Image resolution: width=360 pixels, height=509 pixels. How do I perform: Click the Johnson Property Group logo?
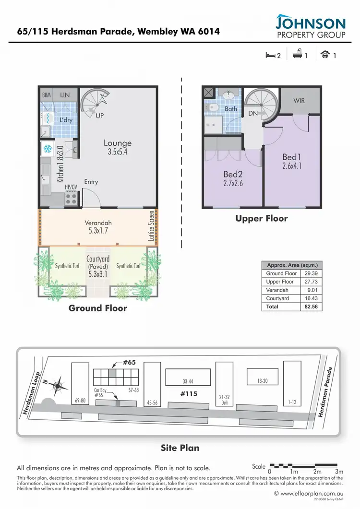coord(311,27)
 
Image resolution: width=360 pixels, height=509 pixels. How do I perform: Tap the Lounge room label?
coord(118,143)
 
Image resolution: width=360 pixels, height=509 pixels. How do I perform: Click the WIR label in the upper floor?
coord(299,101)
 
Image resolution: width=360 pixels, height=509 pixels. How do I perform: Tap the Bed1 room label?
coord(291,157)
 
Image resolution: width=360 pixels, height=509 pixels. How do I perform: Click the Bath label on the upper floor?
coord(231,109)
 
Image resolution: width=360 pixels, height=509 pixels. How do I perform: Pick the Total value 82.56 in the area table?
coord(312,307)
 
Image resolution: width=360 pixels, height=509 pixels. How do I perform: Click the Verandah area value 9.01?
coord(312,290)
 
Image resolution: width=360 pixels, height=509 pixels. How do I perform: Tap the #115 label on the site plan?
coord(189,393)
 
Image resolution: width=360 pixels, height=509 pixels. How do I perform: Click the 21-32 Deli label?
coord(224,399)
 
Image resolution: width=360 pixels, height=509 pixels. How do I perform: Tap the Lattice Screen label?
coord(152,225)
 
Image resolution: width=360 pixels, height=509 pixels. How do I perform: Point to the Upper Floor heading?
coord(261,218)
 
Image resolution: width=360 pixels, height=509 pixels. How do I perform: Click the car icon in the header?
coord(325,55)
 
